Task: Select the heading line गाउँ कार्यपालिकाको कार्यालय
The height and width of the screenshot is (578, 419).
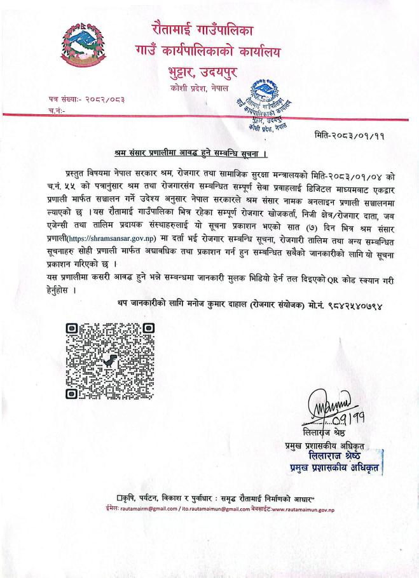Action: point(209,48)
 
